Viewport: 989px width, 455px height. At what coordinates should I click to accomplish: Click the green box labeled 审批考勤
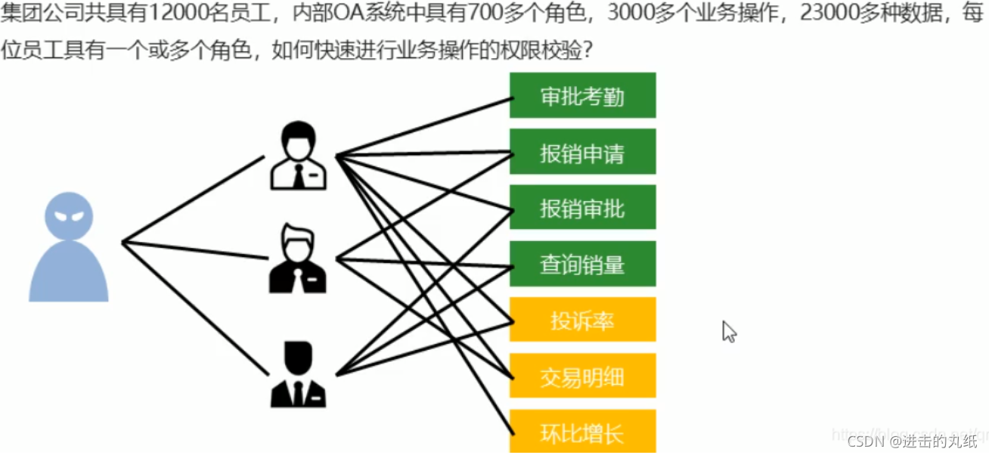tap(582, 95)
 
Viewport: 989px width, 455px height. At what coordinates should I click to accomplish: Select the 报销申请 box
tap(582, 152)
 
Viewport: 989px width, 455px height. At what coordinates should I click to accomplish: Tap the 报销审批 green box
tap(582, 207)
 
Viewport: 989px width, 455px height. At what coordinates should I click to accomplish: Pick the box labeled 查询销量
tap(582, 264)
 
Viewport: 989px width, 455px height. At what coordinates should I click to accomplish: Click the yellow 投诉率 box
tap(582, 320)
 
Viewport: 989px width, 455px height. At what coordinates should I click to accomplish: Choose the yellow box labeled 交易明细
tap(582, 376)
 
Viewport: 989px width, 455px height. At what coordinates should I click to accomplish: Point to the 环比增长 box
tap(582, 432)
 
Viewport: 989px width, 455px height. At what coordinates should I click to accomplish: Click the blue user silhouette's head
tap(69, 215)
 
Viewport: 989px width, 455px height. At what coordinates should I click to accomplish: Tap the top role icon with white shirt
tap(299, 156)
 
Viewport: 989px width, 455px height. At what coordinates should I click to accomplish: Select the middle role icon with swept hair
tap(298, 258)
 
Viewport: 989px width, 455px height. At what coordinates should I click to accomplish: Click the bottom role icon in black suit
tap(298, 375)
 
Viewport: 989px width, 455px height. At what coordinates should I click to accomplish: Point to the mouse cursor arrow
tap(728, 331)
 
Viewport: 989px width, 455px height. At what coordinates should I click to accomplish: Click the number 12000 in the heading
tap(172, 14)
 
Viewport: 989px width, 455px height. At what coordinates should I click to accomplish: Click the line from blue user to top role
tap(193, 200)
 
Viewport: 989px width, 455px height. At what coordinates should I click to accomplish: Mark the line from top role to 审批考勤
tap(423, 126)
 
